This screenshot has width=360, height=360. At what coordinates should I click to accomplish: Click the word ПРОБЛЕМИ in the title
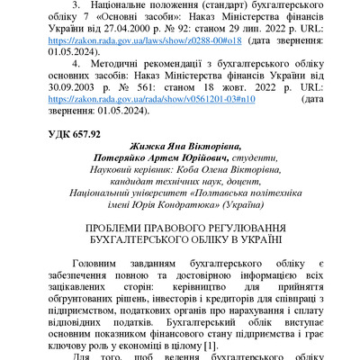coord(117,229)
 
